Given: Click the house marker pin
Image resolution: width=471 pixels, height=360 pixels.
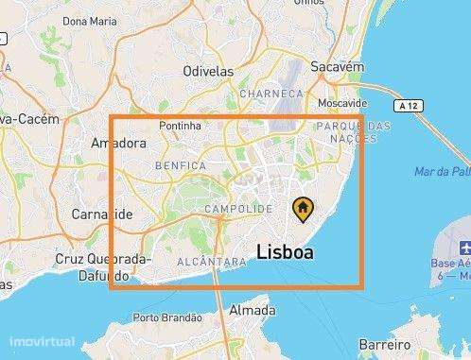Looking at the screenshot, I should [302, 208].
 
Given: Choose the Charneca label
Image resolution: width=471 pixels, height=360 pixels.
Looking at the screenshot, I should [271, 94].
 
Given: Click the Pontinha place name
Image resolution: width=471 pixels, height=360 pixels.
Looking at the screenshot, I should [182, 124].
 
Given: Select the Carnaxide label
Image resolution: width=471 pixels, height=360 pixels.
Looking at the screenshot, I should [102, 214].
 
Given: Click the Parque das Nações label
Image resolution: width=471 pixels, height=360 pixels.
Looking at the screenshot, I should [345, 132].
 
